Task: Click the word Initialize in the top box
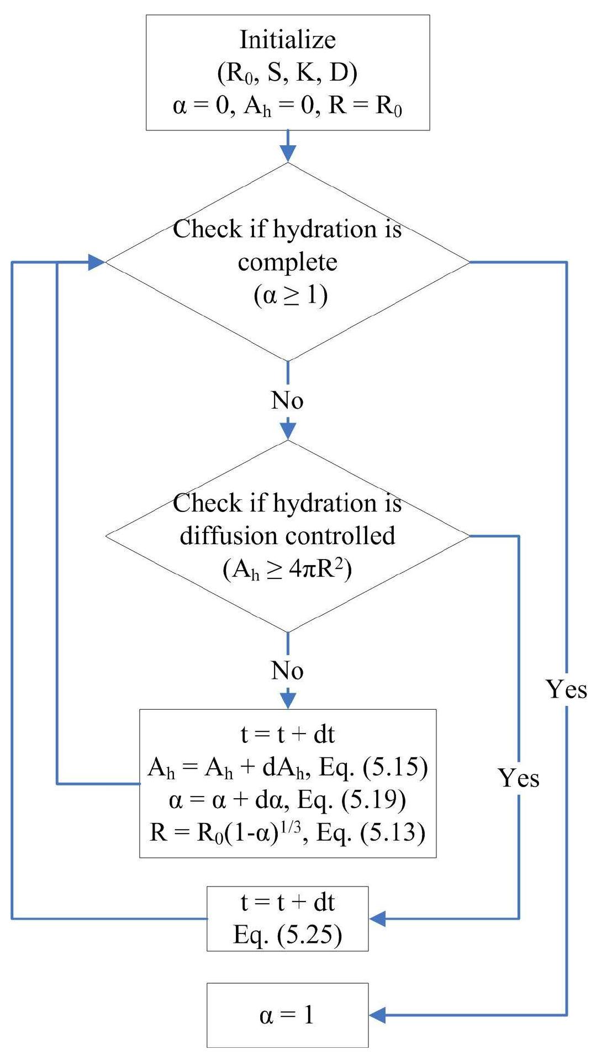(287, 40)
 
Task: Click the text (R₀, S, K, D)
(287, 73)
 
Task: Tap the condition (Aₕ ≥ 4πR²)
(287, 569)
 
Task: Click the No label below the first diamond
(287, 400)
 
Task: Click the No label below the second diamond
(287, 671)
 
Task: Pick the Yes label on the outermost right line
(566, 689)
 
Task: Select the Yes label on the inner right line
(519, 778)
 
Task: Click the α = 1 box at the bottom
(287, 1015)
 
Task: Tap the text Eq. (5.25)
(287, 935)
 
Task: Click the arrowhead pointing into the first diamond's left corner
(96, 262)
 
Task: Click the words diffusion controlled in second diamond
(287, 536)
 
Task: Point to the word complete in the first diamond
(287, 262)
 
